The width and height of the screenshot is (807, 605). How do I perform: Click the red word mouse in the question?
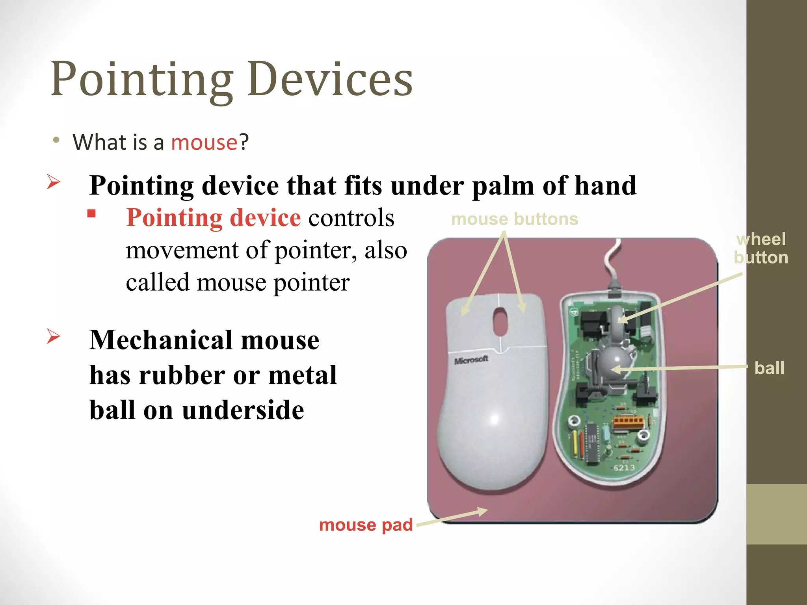point(204,142)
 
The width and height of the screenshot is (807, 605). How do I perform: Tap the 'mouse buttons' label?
point(514,219)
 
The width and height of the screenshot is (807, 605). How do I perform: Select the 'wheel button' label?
point(761,249)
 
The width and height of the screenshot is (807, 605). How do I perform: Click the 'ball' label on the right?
point(769,368)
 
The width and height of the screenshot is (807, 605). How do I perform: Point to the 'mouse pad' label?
point(366,525)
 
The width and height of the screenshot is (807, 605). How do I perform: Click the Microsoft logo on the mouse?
point(471,360)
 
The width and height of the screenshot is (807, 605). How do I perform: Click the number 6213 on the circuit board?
point(624,468)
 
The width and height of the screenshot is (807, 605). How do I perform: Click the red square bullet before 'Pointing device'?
point(92,214)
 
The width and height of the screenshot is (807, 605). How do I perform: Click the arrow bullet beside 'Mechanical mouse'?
point(54,336)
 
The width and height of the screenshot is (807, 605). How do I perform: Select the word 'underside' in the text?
point(243,410)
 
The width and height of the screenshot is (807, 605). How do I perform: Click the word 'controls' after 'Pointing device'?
point(351,218)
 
